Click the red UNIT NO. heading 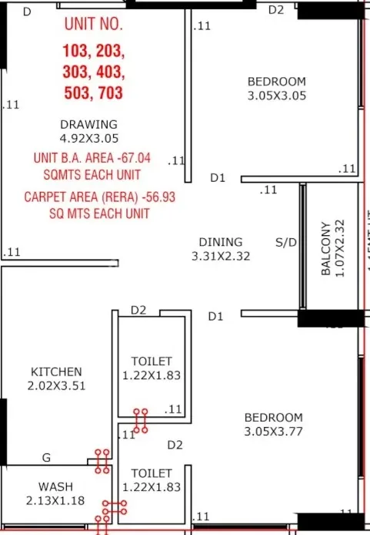click(x=94, y=24)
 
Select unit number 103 click(x=76, y=52)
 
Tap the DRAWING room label click(x=88, y=124)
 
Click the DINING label click(x=221, y=242)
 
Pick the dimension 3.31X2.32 click(x=221, y=256)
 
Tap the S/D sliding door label click(x=286, y=242)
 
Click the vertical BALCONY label click(x=326, y=249)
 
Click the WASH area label click(x=55, y=487)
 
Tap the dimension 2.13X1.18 click(x=55, y=500)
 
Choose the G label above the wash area click(x=46, y=458)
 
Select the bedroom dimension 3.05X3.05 click(x=276, y=96)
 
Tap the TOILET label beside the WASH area click(x=152, y=473)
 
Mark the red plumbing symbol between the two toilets click(x=140, y=421)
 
